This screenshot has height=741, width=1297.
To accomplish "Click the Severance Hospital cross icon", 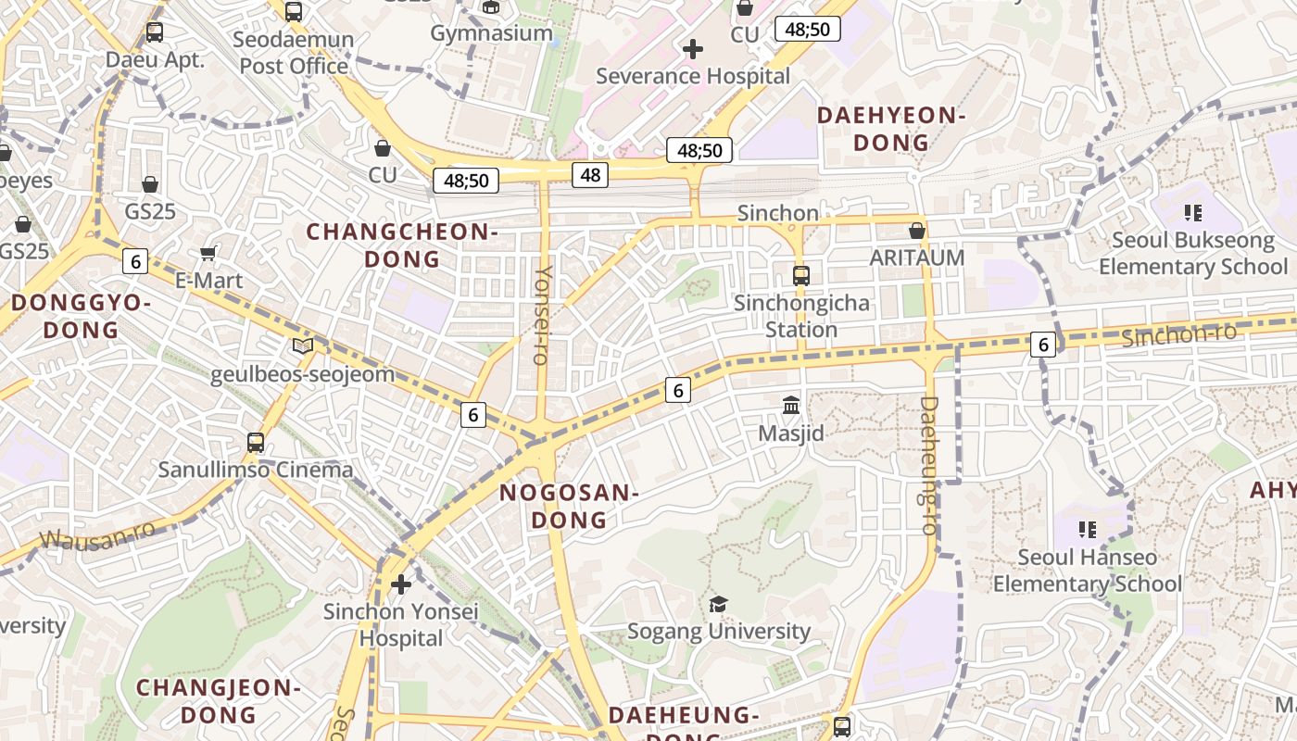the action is (x=692, y=49).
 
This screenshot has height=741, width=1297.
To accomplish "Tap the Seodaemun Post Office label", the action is (x=294, y=53).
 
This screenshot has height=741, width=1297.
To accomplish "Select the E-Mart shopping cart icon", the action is (x=208, y=253).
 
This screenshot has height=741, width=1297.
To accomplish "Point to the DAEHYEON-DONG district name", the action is (x=890, y=129).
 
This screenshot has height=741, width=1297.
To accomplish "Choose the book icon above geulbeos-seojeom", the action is (x=303, y=346).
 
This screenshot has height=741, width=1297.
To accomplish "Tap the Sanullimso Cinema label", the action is (x=256, y=470).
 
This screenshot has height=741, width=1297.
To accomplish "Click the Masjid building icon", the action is (x=791, y=405).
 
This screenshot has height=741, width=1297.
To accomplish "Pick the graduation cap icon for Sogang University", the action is (x=718, y=605).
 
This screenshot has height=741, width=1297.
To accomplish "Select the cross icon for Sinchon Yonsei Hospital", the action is (x=401, y=584).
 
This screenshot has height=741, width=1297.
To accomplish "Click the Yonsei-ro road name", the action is (x=543, y=315).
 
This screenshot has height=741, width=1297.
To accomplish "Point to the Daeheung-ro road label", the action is (x=929, y=465).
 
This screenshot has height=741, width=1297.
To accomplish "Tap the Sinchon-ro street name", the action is (x=1178, y=335).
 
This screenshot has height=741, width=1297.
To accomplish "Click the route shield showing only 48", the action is (x=590, y=174).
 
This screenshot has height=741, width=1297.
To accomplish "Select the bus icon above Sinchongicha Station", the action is (x=801, y=276).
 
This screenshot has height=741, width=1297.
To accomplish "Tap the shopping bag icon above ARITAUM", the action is (x=917, y=231).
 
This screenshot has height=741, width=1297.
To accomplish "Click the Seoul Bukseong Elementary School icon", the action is (x=1193, y=213).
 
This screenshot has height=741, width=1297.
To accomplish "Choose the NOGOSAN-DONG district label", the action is (x=569, y=506).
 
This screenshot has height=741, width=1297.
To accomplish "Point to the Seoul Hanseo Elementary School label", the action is (x=1088, y=571).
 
